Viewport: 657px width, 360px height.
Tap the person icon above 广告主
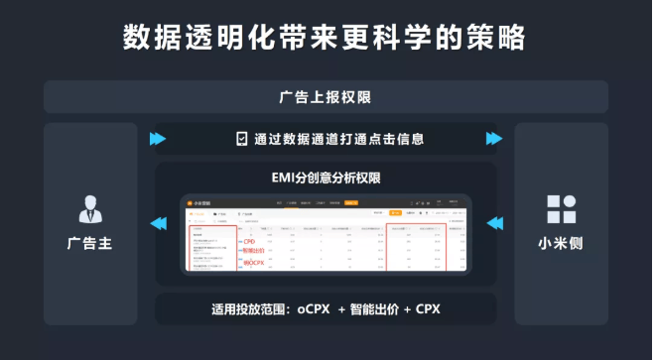[88, 210]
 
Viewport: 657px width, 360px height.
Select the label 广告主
[88, 243]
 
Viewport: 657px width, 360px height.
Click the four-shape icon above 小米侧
[562, 210]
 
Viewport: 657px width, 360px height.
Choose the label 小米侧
[562, 243]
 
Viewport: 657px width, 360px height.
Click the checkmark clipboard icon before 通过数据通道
[241, 139]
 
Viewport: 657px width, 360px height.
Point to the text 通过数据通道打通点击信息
[338, 139]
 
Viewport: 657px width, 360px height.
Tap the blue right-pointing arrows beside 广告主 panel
[157, 139]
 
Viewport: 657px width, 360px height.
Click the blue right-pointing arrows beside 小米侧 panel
[495, 139]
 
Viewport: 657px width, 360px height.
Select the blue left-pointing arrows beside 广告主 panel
[157, 224]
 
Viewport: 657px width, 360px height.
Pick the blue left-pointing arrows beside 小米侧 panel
[495, 224]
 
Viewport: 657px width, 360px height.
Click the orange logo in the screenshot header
[197, 201]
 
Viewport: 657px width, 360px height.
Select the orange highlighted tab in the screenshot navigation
[350, 201]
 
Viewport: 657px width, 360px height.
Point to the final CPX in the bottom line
[428, 309]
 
